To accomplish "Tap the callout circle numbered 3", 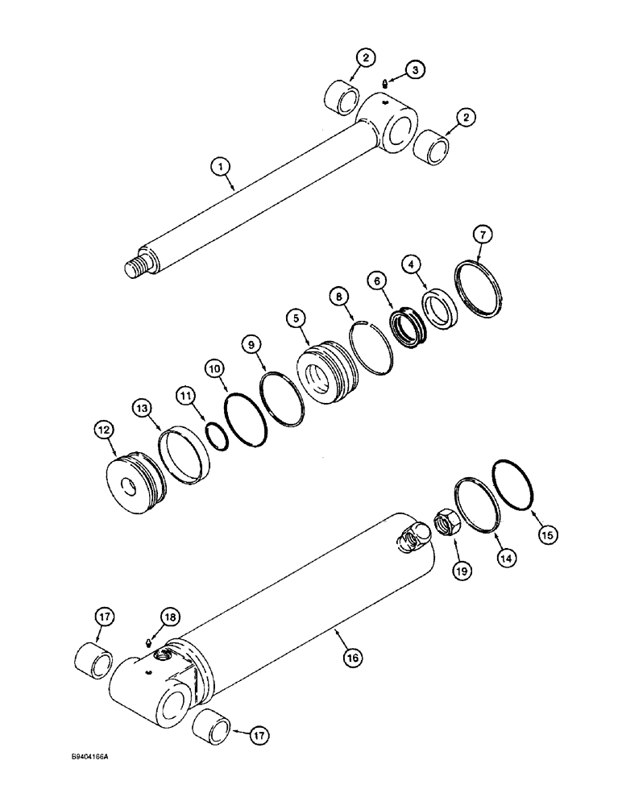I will point(414,71).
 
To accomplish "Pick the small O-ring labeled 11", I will point(215,436).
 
